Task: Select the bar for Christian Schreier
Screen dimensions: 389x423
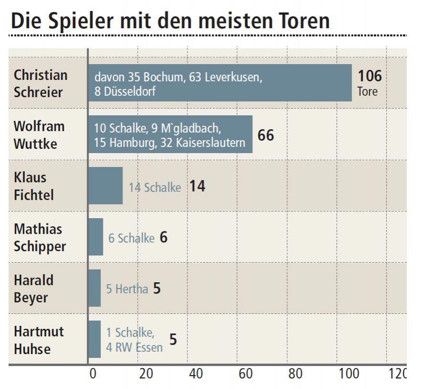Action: [220, 83]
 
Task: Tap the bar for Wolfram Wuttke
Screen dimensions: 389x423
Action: [170, 134]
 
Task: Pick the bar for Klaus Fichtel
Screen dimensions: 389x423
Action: [106, 186]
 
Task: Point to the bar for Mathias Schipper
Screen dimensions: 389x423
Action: [96, 237]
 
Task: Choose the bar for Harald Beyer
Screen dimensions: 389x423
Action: [95, 288]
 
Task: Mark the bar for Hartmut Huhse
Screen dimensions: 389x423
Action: [95, 339]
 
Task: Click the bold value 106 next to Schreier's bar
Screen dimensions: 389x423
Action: [369, 76]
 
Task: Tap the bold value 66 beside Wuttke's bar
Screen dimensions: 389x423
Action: [266, 135]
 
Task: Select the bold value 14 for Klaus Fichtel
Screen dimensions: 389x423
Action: [197, 186]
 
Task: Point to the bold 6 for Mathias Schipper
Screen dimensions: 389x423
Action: [163, 237]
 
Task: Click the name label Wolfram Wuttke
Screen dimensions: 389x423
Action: [39, 134]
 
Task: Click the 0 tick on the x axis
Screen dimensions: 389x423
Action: [93, 374]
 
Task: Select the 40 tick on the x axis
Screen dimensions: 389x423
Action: [195, 374]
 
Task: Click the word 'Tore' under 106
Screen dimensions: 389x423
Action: [367, 91]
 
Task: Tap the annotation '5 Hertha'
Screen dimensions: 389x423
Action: [127, 289]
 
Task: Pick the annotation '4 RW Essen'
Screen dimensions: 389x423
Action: [134, 347]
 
